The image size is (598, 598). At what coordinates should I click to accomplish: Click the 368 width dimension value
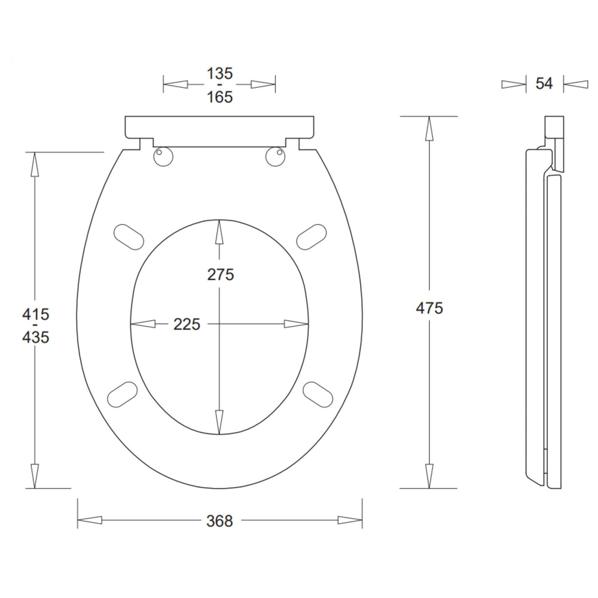tap(219, 521)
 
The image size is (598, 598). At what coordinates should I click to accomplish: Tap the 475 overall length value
tap(429, 308)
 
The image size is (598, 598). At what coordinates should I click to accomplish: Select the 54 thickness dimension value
tap(544, 83)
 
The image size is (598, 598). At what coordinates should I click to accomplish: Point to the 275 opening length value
tap(221, 274)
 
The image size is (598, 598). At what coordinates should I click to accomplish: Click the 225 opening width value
tap(187, 324)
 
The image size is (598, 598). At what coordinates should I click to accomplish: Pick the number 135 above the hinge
tap(219, 73)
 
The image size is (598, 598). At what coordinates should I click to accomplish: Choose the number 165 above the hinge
tap(219, 97)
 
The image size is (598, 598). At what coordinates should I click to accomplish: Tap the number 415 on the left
tap(36, 315)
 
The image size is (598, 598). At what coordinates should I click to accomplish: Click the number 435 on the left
tap(36, 337)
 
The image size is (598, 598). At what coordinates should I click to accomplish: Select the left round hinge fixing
tap(163, 156)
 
